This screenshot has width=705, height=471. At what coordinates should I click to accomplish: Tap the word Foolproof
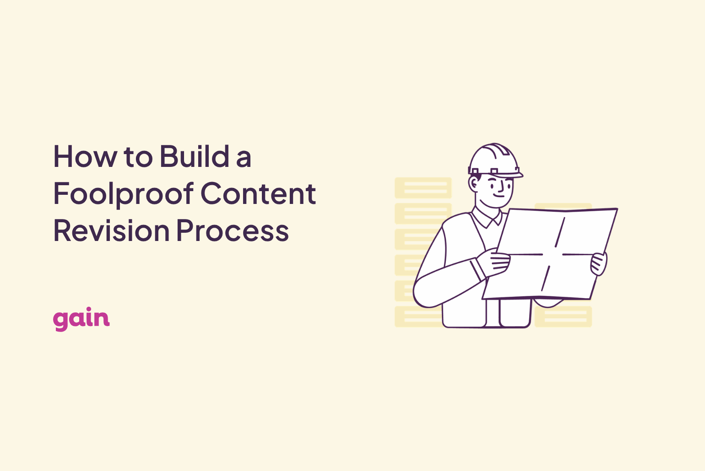click(123, 194)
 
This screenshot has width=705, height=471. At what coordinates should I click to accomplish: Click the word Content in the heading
click(258, 193)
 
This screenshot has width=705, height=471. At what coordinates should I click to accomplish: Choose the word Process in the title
click(233, 230)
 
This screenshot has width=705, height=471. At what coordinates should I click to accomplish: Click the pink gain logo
click(81, 319)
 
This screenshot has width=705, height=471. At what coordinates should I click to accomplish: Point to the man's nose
click(500, 187)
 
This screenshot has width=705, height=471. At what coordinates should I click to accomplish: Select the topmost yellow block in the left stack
click(423, 188)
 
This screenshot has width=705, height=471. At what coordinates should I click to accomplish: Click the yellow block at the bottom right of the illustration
click(563, 316)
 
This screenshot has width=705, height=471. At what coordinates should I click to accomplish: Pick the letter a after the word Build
click(244, 159)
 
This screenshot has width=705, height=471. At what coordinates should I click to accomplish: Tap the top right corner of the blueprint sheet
click(618, 209)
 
